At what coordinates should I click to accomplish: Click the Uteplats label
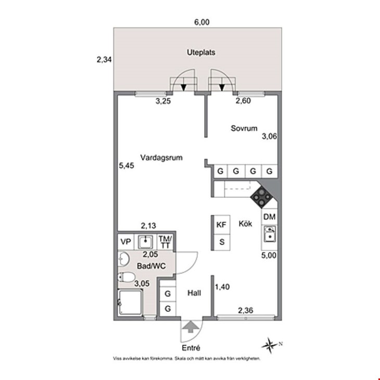pyautogui.click(x=201, y=53)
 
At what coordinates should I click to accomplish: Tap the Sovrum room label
pyautogui.click(x=244, y=128)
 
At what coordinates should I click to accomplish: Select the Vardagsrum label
pyautogui.click(x=161, y=158)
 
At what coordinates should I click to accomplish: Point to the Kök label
pyautogui.click(x=245, y=223)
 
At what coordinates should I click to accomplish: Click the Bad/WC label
pyautogui.click(x=151, y=266)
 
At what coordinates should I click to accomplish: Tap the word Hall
pyautogui.click(x=194, y=293)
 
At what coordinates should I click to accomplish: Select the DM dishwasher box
pyautogui.click(x=269, y=217)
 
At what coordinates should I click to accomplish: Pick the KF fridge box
pyautogui.click(x=221, y=225)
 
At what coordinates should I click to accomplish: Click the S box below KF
pyautogui.click(x=222, y=242)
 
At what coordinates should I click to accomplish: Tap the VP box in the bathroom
pyautogui.click(x=126, y=242)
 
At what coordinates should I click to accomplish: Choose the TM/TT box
pyautogui.click(x=166, y=242)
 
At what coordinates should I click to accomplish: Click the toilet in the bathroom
pyautogui.click(x=126, y=277)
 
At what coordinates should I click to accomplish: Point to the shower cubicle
pyautogui.click(x=130, y=302)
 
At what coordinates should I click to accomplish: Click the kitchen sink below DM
pyautogui.click(x=269, y=234)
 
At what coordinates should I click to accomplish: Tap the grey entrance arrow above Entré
pyautogui.click(x=191, y=326)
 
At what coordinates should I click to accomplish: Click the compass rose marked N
pyautogui.click(x=270, y=345)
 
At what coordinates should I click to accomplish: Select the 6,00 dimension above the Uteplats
pyautogui.click(x=202, y=22)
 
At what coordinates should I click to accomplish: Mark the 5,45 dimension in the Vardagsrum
pyautogui.click(x=126, y=166)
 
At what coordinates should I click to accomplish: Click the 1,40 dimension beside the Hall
pyautogui.click(x=222, y=287)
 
